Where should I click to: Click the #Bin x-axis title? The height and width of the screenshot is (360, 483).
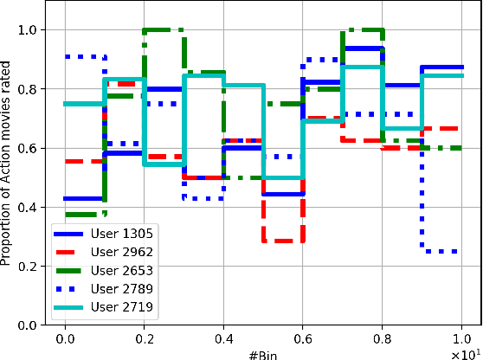pyautogui.click(x=262, y=354)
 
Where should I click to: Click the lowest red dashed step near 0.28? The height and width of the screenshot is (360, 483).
pyautogui.click(x=282, y=241)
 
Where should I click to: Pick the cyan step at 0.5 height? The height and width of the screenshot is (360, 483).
pyautogui.click(x=282, y=177)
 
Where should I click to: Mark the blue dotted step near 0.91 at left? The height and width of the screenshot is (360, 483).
pyautogui.click(x=84, y=56)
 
